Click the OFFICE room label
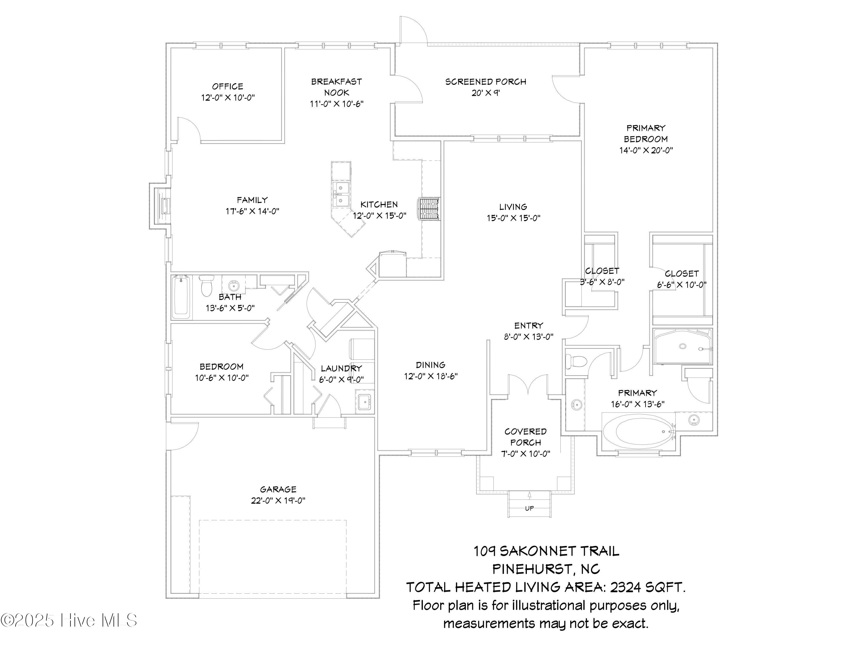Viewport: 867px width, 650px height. tap(227, 86)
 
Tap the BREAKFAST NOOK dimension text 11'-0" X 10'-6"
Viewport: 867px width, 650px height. tap(337, 104)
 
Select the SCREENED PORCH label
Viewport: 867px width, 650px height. tap(486, 82)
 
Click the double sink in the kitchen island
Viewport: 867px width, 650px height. tap(341, 194)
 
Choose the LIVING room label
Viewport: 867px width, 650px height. tap(513, 207)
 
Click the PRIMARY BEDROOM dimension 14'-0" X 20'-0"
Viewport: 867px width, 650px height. tap(646, 150)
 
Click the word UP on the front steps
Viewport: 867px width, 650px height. tap(529, 508)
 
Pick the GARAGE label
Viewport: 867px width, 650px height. tap(278, 489)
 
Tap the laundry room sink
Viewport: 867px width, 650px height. tap(364, 402)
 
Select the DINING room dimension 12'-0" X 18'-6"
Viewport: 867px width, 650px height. tap(431, 376)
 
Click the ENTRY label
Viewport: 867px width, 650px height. tap(529, 325)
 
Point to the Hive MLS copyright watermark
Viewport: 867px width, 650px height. tap(69, 620)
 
